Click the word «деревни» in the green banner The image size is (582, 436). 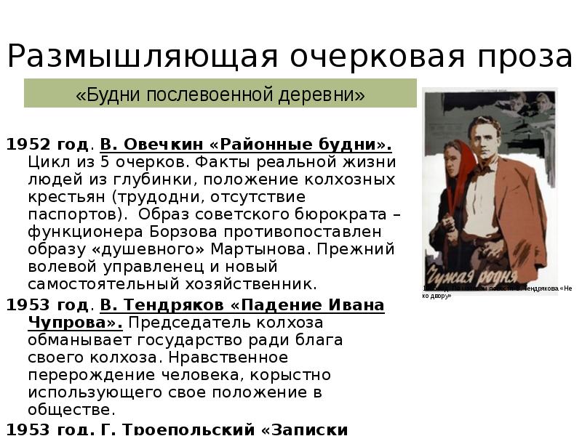coord(320,95)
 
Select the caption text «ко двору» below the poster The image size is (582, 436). coord(436,296)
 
